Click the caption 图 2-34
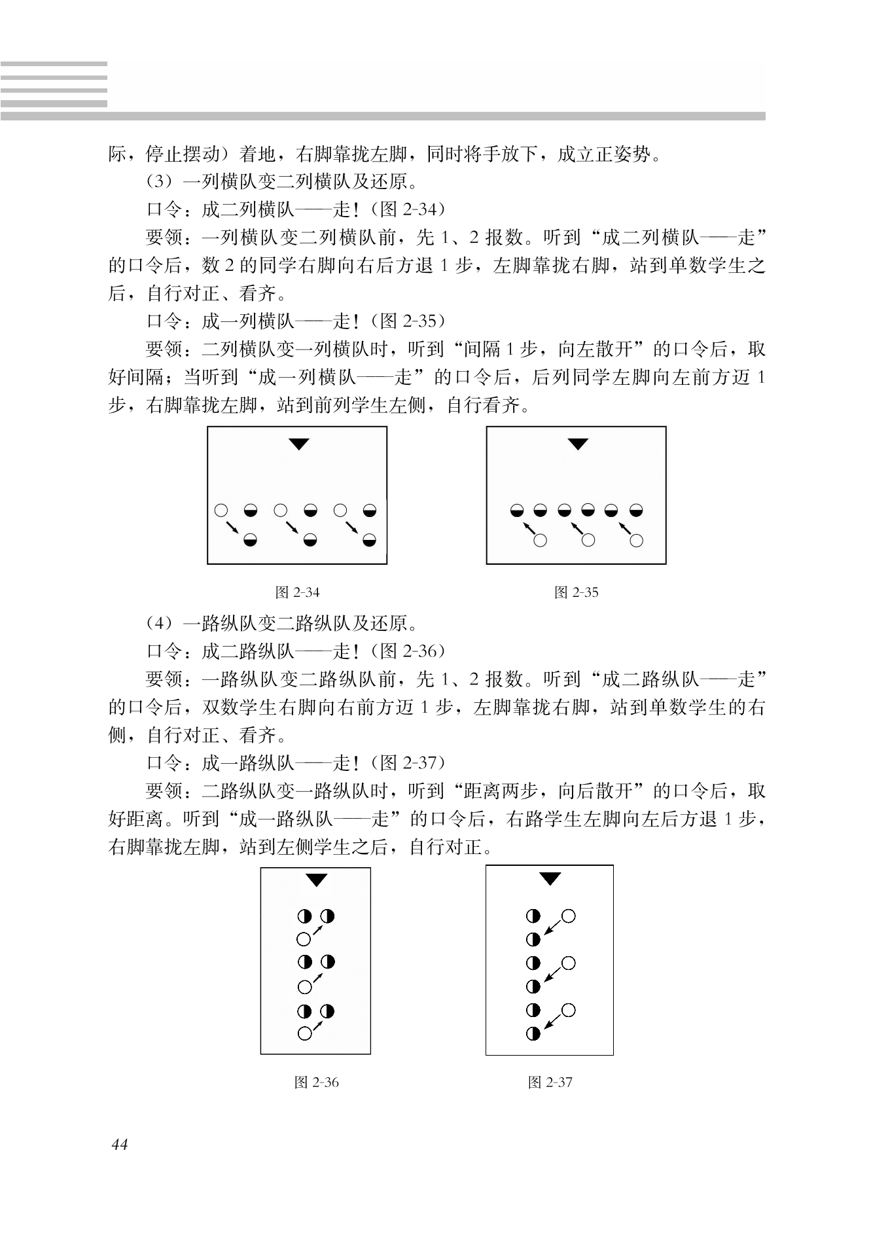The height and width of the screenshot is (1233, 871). (298, 593)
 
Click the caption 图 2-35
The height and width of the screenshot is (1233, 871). (577, 593)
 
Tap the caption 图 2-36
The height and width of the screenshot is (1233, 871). (317, 1082)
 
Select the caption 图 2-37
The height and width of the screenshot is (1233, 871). (550, 1082)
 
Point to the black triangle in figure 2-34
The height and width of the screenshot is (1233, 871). (298, 444)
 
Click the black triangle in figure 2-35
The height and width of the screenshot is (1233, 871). (577, 444)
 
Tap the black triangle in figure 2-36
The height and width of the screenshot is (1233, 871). (317, 881)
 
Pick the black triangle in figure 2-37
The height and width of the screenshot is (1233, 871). (550, 879)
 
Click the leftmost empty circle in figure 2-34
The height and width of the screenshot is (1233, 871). (221, 510)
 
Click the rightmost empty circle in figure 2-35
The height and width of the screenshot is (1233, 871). (637, 541)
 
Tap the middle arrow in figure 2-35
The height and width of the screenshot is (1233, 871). (577, 527)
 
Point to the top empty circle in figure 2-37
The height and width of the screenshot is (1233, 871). (568, 916)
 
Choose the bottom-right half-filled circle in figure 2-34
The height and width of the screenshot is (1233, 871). (370, 541)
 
